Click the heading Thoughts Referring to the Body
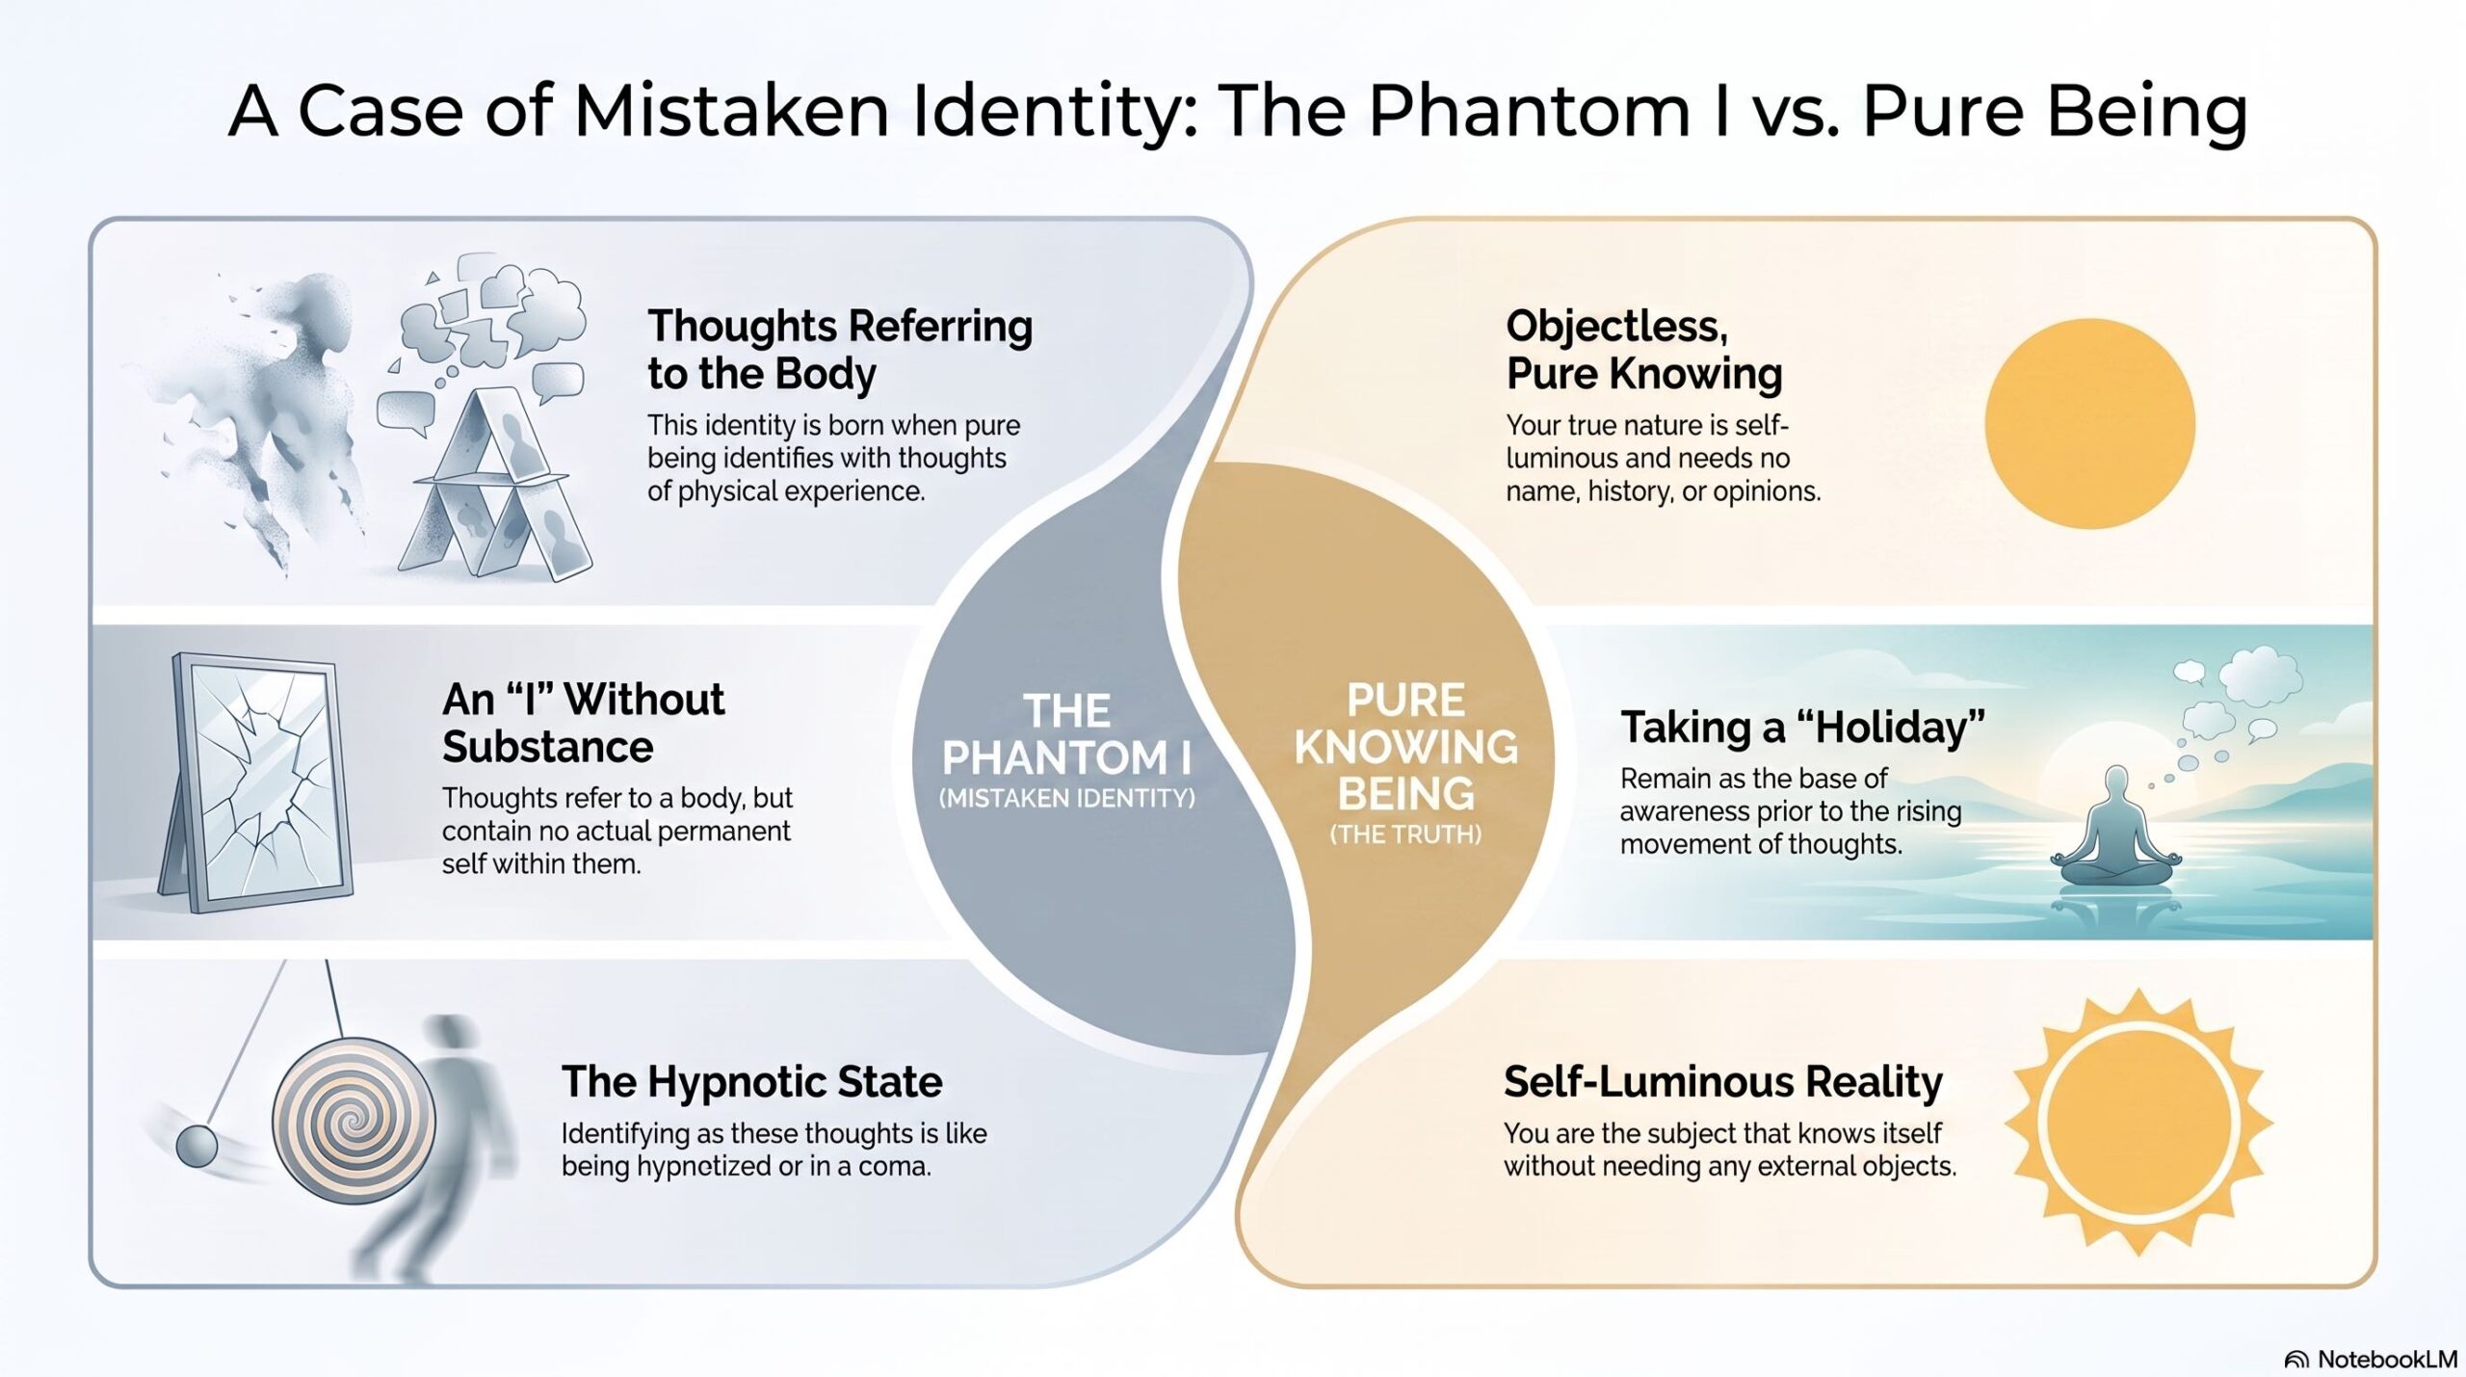pos(839,350)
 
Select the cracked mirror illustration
pos(256,782)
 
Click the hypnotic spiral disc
pos(354,1120)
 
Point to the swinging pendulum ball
pos(197,1145)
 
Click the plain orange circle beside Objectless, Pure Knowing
pos(2089,423)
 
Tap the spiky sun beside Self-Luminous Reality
pos(2138,1123)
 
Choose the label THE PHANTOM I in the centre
pos(1066,734)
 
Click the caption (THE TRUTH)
pos(1405,834)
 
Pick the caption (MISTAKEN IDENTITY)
pos(1066,798)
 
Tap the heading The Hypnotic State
pos(751,1081)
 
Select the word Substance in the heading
pos(547,747)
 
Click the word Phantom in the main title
pos(1529,111)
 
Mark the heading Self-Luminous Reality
pos(1722,1081)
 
